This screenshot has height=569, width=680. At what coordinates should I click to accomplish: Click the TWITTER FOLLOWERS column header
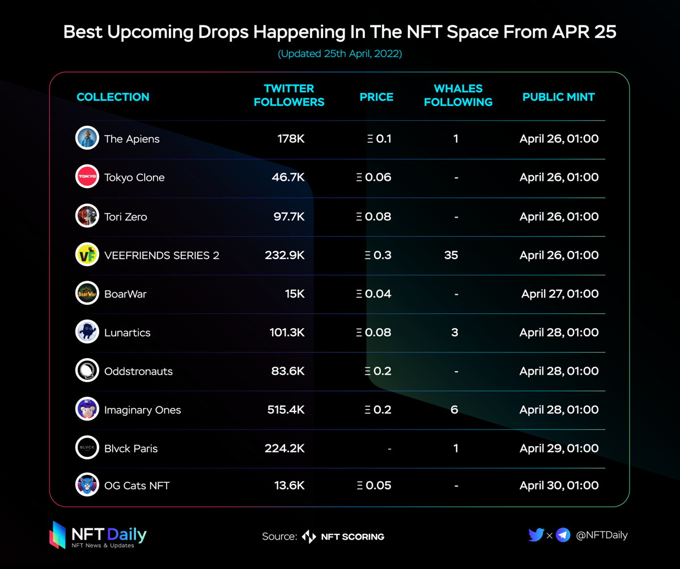coord(289,95)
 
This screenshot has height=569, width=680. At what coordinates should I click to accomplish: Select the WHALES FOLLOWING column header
coord(458,95)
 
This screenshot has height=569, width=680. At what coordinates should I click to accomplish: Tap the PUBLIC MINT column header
coord(558,97)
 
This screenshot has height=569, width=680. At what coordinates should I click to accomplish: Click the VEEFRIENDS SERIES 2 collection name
coord(161,255)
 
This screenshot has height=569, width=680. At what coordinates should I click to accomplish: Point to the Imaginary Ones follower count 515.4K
coord(286,410)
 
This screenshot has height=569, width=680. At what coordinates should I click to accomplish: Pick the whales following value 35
coord(451,255)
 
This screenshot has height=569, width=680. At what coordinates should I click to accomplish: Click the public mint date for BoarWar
coord(560,294)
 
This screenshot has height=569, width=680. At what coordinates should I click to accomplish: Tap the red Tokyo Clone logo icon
coord(87,177)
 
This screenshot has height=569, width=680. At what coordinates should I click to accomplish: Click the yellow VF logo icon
coord(87,254)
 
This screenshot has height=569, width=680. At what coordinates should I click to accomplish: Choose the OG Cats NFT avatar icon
coord(87,485)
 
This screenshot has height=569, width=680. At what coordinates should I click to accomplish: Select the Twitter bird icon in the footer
coord(535,534)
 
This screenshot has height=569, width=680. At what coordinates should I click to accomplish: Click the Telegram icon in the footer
coord(563,534)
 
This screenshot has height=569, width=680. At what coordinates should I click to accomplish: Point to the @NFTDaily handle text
coord(601,534)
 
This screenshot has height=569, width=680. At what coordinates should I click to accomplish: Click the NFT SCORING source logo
coord(343,536)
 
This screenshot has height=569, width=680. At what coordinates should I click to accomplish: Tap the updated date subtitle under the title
coord(340,54)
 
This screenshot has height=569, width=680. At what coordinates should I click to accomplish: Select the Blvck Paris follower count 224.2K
coord(284,448)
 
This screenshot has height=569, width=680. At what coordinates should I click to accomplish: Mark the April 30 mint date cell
coord(559,485)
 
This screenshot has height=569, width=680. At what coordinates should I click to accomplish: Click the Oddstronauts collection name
coord(138,371)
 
